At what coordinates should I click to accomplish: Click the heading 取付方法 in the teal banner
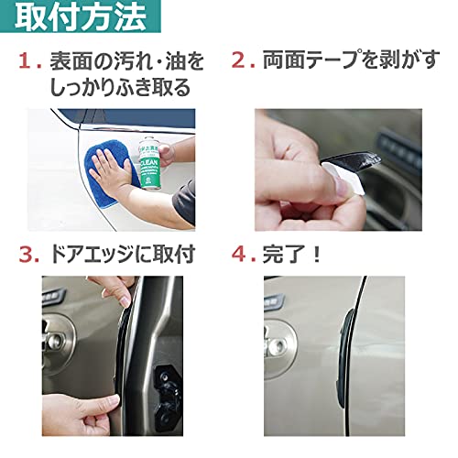click(x=81, y=16)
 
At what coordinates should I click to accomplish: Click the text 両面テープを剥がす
click(x=352, y=60)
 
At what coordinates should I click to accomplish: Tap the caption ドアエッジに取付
click(x=123, y=255)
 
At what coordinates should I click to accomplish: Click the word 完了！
click(x=292, y=254)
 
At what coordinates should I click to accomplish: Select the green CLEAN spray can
click(x=149, y=163)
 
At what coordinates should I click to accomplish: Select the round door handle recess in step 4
click(x=279, y=346)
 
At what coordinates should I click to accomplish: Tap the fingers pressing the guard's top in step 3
click(x=119, y=291)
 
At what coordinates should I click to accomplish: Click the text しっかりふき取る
click(x=120, y=88)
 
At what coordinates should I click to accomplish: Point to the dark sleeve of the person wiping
click(x=184, y=203)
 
